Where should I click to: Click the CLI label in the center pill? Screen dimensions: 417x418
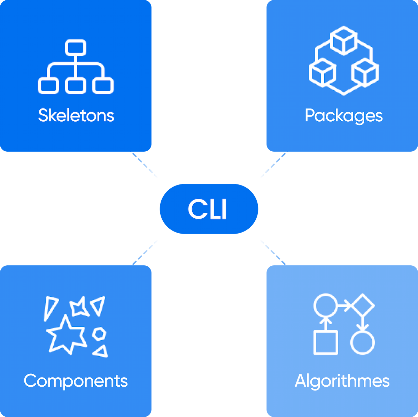click(x=208, y=209)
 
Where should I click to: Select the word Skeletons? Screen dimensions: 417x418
click(x=76, y=115)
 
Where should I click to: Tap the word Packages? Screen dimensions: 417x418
click(x=343, y=116)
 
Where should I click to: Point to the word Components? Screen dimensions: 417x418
click(x=76, y=381)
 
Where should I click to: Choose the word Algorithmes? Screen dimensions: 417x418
click(x=342, y=381)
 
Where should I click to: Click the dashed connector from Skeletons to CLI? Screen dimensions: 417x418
click(x=145, y=165)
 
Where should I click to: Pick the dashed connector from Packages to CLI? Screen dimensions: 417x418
click(x=272, y=165)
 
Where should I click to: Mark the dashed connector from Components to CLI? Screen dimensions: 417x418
click(x=145, y=252)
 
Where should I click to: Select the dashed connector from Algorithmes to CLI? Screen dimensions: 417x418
click(x=273, y=252)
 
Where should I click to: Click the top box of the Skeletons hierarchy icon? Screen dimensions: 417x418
click(x=76, y=47)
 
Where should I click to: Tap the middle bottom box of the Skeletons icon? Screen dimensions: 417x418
click(x=76, y=86)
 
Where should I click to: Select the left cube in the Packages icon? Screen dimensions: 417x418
click(x=322, y=73)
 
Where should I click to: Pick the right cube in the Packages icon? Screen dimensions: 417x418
click(x=365, y=73)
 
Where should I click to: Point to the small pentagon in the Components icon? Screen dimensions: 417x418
click(x=99, y=334)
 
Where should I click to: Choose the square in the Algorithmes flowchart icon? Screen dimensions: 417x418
click(x=326, y=343)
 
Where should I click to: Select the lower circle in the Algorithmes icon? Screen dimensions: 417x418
click(x=362, y=343)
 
